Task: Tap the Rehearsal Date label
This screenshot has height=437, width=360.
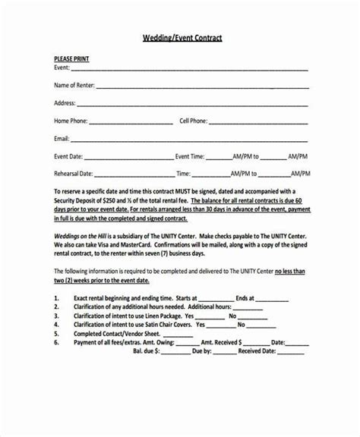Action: [73, 174]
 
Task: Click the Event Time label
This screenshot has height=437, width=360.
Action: [190, 156]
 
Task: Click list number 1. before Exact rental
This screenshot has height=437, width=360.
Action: [58, 298]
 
